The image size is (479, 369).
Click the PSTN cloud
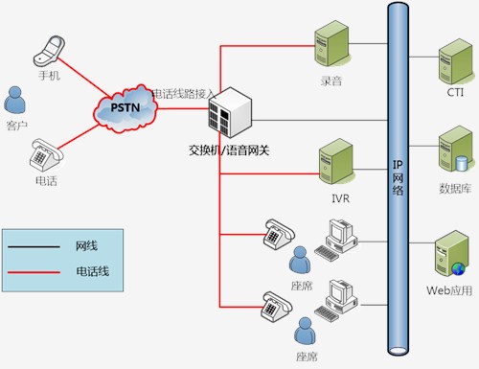tap(125, 108)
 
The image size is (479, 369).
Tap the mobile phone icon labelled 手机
tap(49, 51)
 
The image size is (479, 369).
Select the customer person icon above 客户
tap(14, 100)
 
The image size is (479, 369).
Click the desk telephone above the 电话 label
tap(47, 155)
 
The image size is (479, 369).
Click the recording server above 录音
tap(331, 43)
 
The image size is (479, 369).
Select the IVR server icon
tap(336, 161)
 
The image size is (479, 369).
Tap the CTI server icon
tap(456, 61)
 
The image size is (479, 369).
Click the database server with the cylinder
tap(456, 149)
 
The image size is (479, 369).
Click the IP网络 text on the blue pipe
tap(398, 177)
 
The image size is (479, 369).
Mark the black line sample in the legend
tap(34, 246)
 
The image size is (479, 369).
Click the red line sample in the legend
tap(34, 272)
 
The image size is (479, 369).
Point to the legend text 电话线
tap(93, 271)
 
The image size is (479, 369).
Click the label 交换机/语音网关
tap(229, 150)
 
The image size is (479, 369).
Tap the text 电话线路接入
tap(183, 94)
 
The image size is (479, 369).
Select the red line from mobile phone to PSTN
tap(84, 78)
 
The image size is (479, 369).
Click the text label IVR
tap(341, 198)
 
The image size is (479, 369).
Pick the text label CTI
tap(455, 93)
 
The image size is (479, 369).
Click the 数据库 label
tap(455, 189)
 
